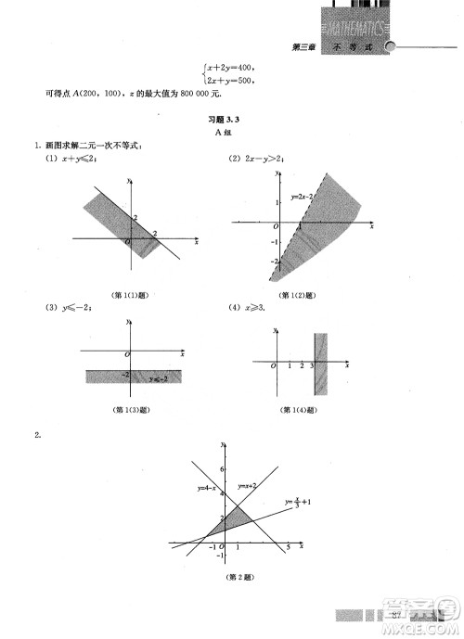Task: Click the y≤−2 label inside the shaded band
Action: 161,378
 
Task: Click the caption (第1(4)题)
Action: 298,409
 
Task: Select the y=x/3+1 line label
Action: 298,504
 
